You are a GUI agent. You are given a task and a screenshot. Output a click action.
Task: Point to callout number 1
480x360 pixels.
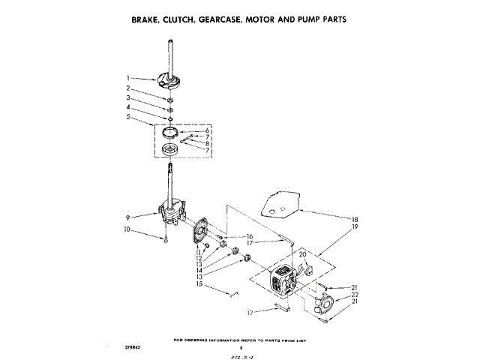point(129,77)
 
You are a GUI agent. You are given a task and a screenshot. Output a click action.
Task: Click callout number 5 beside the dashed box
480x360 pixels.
point(129,118)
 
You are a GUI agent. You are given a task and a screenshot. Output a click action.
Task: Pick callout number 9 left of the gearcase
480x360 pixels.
point(129,217)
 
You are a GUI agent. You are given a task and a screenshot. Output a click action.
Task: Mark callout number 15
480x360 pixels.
point(199,284)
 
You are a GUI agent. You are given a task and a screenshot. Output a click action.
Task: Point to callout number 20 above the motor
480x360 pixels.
point(303,255)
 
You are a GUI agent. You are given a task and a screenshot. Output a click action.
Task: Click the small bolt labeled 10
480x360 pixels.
point(164,239)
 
